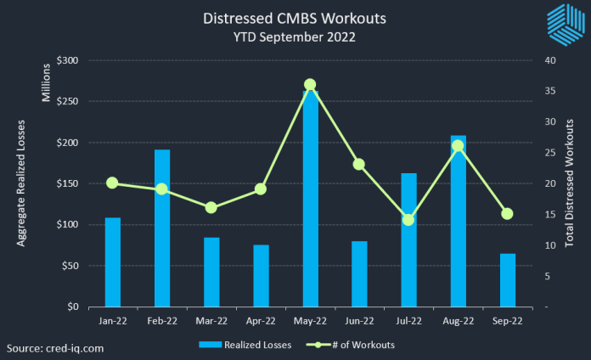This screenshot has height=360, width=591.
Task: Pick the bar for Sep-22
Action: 507,280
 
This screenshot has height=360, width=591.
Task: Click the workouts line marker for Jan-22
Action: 113,183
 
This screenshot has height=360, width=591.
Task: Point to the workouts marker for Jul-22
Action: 408,220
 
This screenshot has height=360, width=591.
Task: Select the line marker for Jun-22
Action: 359,164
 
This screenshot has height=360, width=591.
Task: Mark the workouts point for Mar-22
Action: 211,207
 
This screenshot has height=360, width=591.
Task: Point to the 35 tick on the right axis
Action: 550,92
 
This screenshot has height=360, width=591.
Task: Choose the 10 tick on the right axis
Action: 550,245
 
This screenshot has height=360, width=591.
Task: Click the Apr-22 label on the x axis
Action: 261,321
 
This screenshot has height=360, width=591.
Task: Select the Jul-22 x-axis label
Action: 408,321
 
